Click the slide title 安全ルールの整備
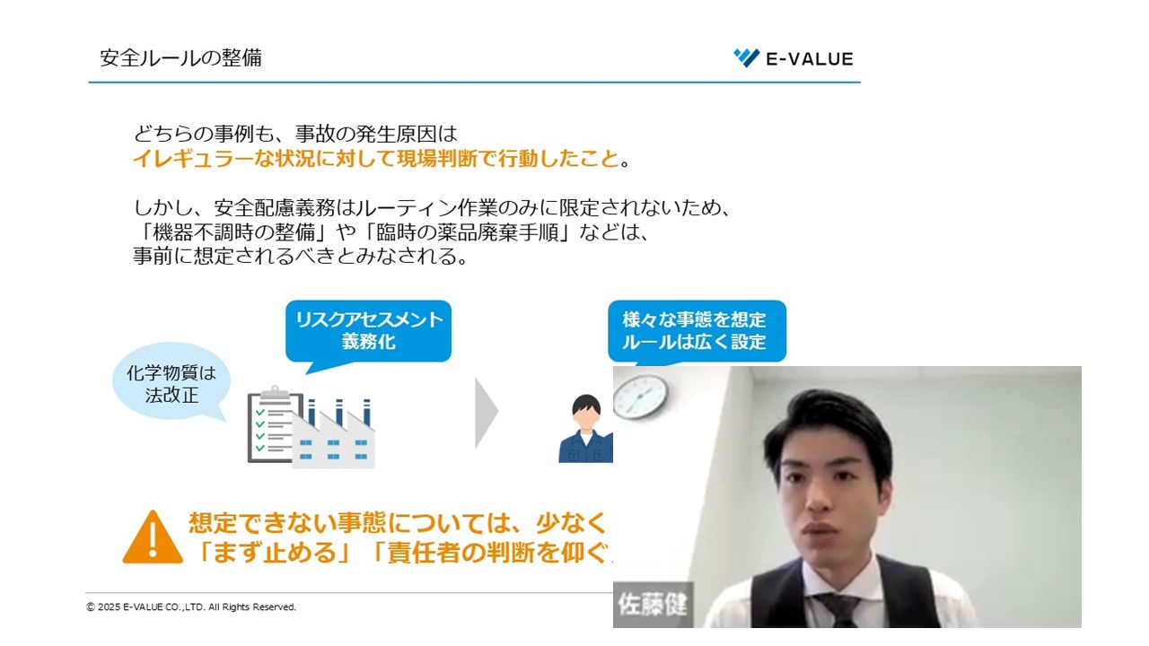pos(180,58)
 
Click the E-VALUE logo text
pos(809,59)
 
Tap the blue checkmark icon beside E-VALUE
pos(746,58)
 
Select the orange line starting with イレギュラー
pos(376,160)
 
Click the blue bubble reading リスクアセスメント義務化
pos(369,331)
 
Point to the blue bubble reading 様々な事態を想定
pos(694,330)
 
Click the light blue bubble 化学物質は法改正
pos(171,383)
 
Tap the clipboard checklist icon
pos(272,423)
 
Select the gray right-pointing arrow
pos(486,413)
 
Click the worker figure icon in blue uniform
pos(585,429)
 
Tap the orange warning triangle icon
pos(152,537)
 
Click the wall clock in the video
pos(641,397)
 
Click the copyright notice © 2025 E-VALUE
pos(191,607)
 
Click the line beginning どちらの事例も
pos(295,135)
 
